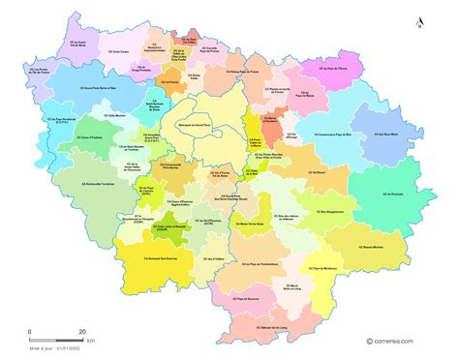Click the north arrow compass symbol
pos(418,22)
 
